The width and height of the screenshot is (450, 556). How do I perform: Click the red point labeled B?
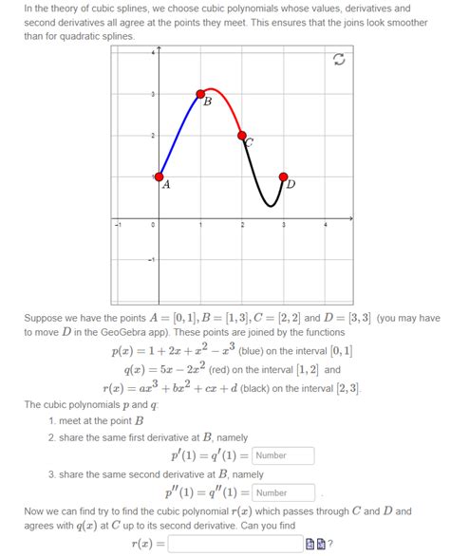click(x=200, y=94)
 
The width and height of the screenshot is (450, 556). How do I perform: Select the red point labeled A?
click(x=159, y=177)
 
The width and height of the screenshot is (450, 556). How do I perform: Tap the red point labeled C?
click(x=242, y=136)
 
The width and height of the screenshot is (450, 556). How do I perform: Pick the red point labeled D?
click(x=284, y=177)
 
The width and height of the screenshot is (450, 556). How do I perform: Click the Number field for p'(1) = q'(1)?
click(x=284, y=455)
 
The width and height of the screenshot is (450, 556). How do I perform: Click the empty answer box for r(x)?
click(x=234, y=544)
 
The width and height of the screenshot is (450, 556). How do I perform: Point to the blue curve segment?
click(x=178, y=135)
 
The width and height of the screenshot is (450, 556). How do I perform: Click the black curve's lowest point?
click(x=271, y=205)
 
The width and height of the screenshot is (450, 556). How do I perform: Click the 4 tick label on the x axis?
click(x=325, y=225)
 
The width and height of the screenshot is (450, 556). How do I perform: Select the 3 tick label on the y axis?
click(x=152, y=94)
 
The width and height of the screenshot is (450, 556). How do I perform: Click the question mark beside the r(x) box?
click(x=329, y=544)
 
